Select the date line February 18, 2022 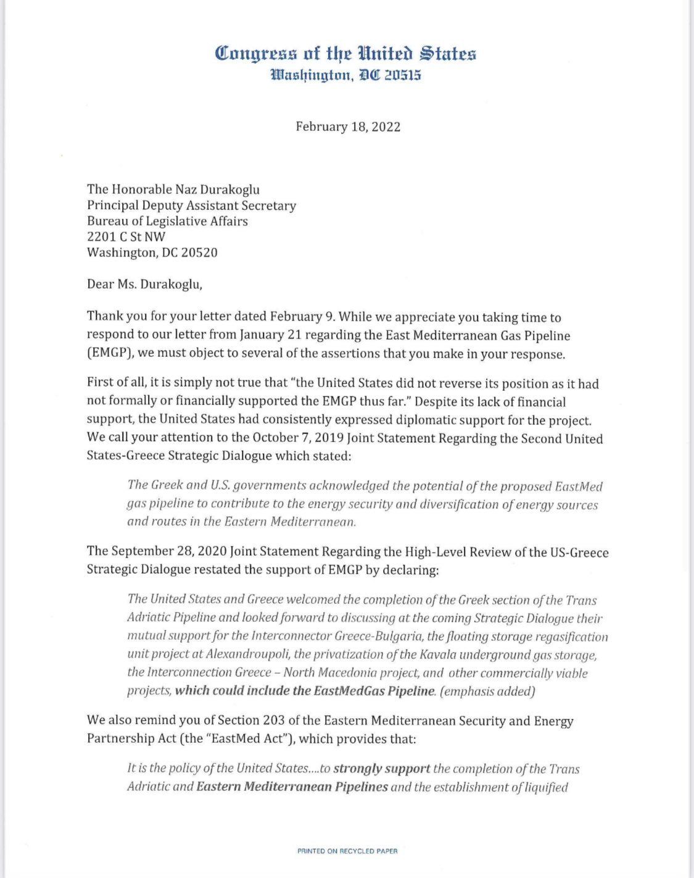pos(348,127)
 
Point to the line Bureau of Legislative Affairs pos(167,221)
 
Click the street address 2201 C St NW pos(126,236)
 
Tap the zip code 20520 pos(198,253)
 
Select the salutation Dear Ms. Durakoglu pos(144,285)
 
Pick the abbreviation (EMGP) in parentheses pos(109,354)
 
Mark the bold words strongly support pos(381,769)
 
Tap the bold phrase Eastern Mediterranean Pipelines pos(292,787)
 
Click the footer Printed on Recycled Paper pos(347,851)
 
